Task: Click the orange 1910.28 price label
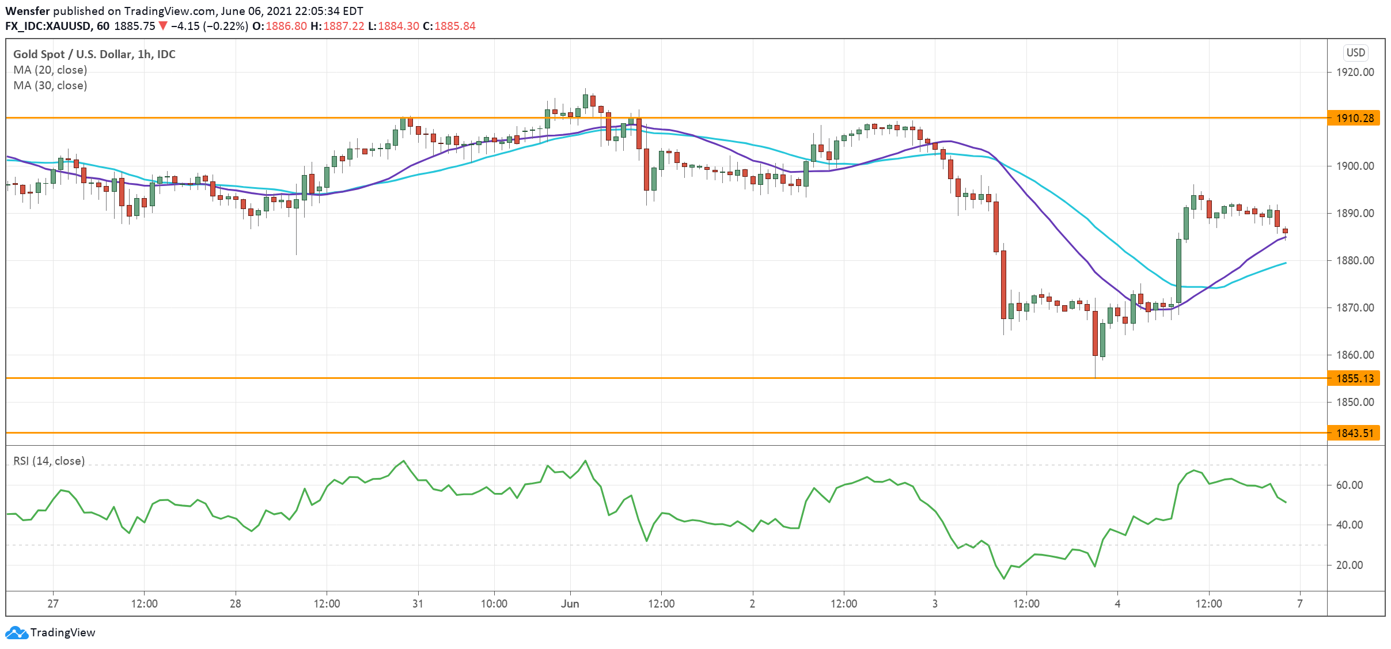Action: click(1354, 118)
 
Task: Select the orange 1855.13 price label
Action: click(1354, 378)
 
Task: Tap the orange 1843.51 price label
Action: click(1354, 433)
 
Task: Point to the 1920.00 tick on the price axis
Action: click(1355, 72)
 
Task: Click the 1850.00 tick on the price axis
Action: click(1355, 402)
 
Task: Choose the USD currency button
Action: click(1355, 52)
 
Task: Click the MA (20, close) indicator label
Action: click(50, 70)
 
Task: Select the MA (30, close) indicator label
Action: click(50, 85)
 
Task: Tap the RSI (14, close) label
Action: click(49, 461)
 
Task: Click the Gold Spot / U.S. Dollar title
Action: click(94, 54)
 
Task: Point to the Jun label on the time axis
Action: click(570, 604)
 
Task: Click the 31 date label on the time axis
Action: click(418, 604)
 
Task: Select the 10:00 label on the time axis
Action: click(494, 604)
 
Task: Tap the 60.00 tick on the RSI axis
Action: click(1349, 485)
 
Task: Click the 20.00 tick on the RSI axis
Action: click(1349, 565)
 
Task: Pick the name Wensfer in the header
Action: click(27, 11)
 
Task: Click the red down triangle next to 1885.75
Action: click(163, 26)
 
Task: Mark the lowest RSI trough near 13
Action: click(1004, 578)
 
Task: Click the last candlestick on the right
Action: click(1285, 231)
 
